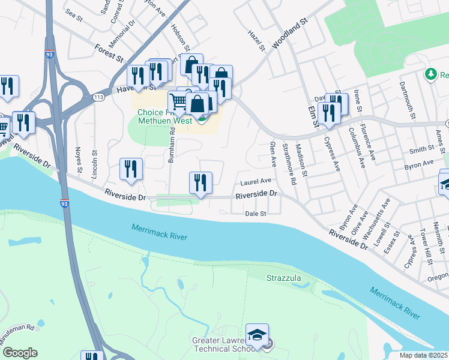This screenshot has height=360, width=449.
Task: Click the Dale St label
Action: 255,213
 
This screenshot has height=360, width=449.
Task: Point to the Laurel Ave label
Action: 256,181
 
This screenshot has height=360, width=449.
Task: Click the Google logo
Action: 20,352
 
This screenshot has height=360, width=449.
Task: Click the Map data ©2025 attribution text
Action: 424,355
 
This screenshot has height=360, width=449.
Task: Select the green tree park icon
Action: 430,74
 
